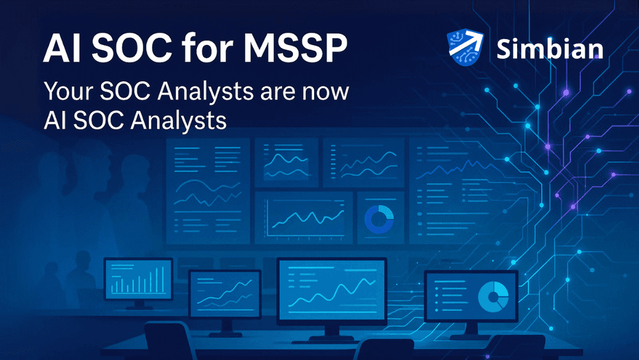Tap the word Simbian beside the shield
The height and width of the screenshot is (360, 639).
550,49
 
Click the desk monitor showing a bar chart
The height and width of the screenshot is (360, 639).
138,279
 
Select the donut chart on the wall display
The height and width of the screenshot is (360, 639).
379,218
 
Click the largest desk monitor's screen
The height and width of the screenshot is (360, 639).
331,287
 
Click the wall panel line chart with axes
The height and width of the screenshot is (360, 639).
304,217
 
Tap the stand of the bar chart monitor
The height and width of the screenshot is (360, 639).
138,304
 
